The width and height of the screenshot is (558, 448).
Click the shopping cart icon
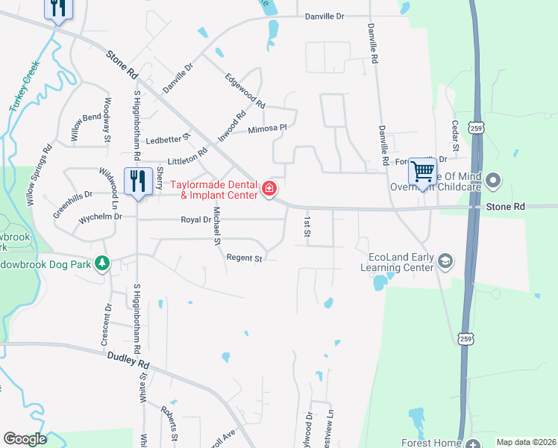tap(422, 173)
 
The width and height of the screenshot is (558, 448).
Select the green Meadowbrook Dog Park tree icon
tap(103, 263)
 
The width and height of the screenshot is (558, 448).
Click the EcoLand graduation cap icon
tap(445, 260)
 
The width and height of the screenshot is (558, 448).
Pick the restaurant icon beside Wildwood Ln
tap(138, 181)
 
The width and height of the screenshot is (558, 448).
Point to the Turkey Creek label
tap(24, 87)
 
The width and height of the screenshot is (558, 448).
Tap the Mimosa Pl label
tap(267, 128)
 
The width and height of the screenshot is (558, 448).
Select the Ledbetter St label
tap(168, 140)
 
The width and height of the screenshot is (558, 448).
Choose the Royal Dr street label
tap(196, 220)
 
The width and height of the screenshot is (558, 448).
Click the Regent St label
tap(245, 258)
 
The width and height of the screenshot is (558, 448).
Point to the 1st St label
tap(307, 227)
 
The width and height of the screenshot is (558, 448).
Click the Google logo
tap(25, 439)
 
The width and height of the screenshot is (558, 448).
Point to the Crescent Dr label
tap(107, 323)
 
